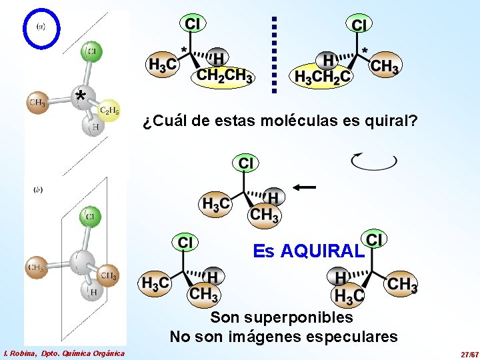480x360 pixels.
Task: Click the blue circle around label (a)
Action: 41,27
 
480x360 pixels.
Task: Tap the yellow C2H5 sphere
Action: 109,111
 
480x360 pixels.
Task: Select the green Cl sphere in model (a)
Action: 91,51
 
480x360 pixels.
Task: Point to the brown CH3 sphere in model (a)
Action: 37,103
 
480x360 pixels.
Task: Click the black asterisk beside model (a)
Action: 80,97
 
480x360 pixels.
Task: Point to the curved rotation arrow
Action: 374,161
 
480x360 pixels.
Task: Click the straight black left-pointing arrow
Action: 303,188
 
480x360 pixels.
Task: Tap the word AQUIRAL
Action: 323,251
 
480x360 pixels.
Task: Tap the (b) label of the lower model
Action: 38,190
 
